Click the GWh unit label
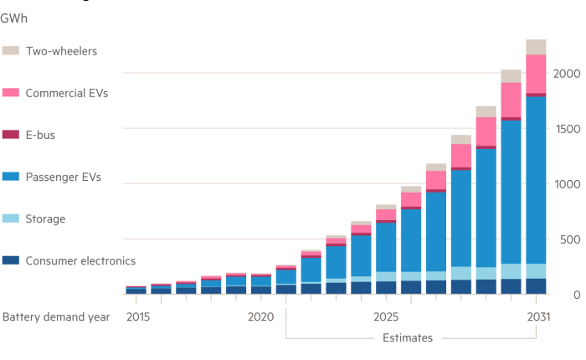point(13,16)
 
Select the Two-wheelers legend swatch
point(10,51)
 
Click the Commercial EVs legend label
point(67,93)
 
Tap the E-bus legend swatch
point(10,135)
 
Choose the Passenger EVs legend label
point(64,177)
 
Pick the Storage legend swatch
point(10,219)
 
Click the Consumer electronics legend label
point(80,260)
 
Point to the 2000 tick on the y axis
point(565,74)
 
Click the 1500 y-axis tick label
point(565,129)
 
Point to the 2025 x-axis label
point(385,317)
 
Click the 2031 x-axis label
point(536,317)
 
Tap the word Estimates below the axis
point(408,338)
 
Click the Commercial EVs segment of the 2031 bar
point(536,74)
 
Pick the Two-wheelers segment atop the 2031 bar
point(536,47)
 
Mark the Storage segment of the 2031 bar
point(536,270)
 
